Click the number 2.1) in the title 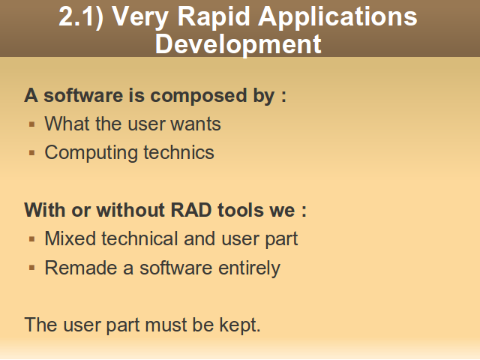tap(81, 17)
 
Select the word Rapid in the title tap(214, 17)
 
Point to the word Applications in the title tap(337, 17)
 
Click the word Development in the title tap(238, 45)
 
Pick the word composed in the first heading tap(198, 97)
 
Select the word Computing tap(91, 153)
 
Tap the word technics tap(178, 152)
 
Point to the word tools tap(241, 210)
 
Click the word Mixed tap(70, 238)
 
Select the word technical tap(139, 238)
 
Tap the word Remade tap(81, 268)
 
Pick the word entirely tap(249, 268)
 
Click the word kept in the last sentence tap(240, 325)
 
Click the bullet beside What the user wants tap(31, 124)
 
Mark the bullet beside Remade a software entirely tap(31, 268)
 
